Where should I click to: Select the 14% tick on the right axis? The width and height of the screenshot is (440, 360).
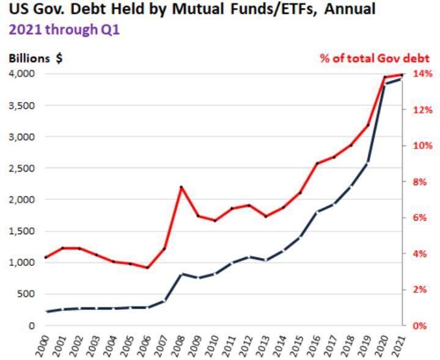[x=422, y=73]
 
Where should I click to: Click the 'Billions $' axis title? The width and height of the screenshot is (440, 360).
[x=35, y=59]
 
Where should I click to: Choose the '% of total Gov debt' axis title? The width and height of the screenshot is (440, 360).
[x=375, y=59]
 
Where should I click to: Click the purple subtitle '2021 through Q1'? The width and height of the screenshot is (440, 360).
[x=64, y=29]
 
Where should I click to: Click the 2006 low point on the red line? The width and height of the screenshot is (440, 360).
[x=147, y=268]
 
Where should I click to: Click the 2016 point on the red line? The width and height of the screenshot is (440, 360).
[x=317, y=163]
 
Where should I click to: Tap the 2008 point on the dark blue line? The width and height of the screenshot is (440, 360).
[x=181, y=274]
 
